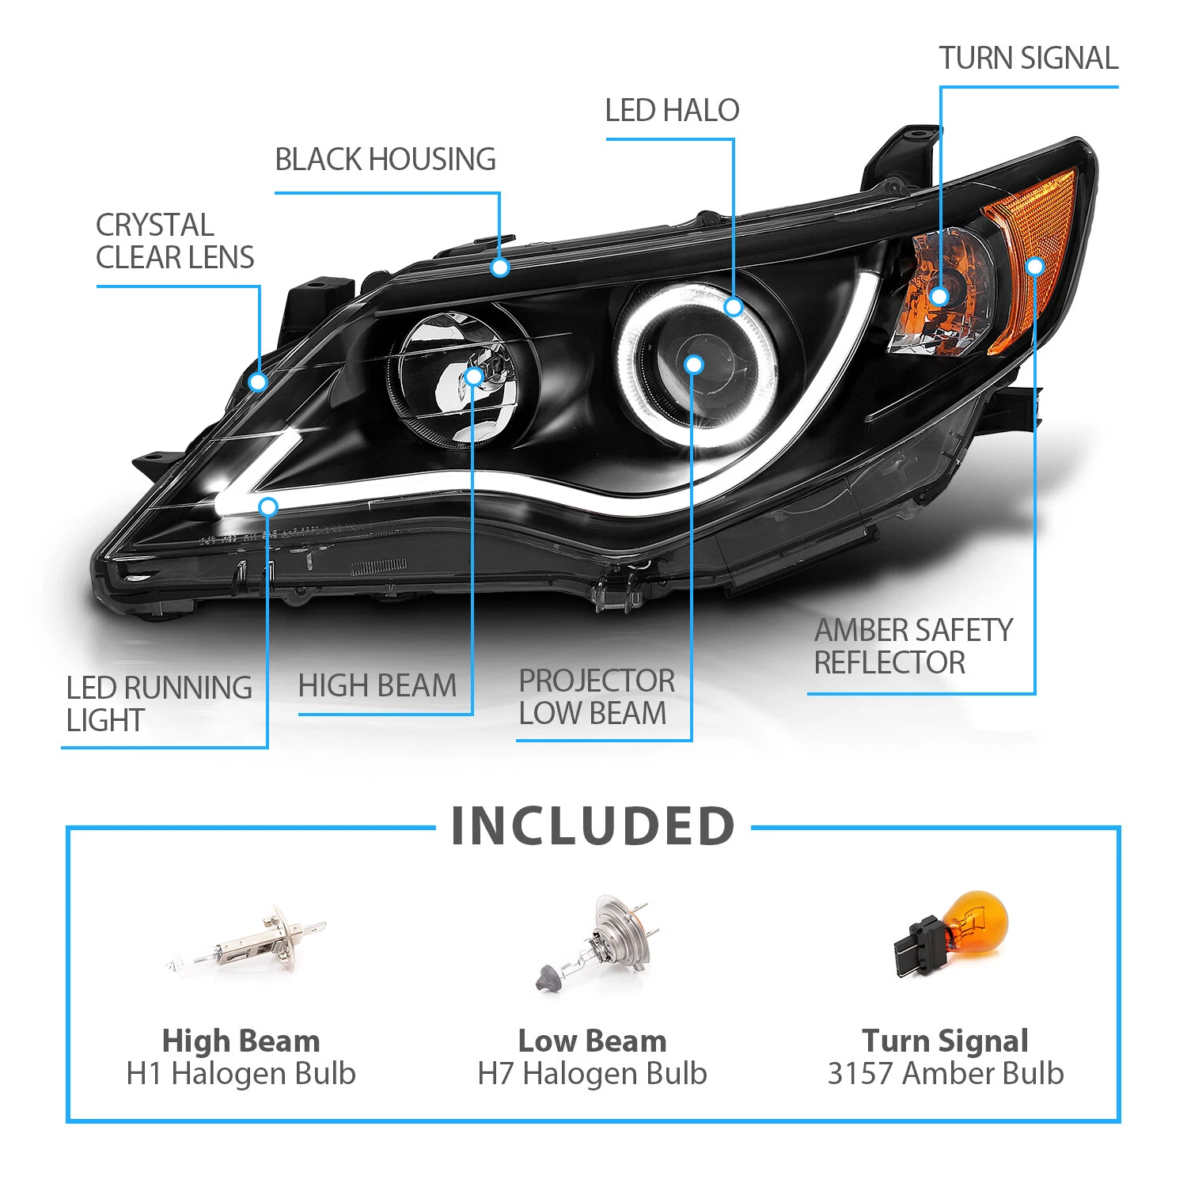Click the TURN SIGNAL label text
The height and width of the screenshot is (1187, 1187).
1028,58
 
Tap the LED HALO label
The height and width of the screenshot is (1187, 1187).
672,110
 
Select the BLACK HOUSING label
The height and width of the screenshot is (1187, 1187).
385,159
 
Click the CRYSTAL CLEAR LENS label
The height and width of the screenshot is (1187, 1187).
174,241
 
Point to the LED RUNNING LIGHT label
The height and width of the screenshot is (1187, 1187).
158,703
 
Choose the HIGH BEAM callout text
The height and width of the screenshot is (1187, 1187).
377,685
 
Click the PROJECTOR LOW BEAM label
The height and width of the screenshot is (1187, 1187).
596,697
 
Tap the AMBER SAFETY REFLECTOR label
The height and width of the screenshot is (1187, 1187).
912,647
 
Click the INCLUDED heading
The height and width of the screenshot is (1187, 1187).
593,826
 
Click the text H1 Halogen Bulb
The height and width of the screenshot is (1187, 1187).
241,1074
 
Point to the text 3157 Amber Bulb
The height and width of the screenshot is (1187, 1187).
946,1074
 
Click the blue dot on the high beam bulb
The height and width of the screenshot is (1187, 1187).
473,376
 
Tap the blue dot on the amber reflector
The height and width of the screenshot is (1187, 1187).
1035,266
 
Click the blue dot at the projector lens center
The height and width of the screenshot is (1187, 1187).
694,365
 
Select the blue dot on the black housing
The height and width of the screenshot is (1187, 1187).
499,267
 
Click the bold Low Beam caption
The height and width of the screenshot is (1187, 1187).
592,1041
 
